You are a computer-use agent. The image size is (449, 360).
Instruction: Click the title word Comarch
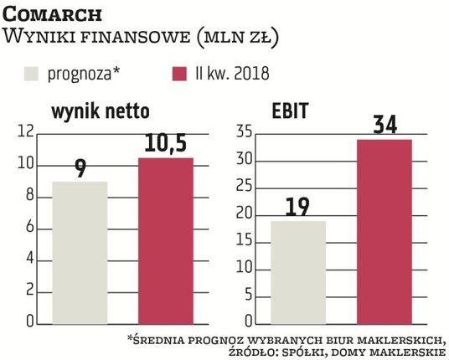coord(54,14)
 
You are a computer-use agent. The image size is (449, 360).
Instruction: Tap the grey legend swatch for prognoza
coord(36,73)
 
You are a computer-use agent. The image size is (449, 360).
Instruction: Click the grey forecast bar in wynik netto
coord(80,252)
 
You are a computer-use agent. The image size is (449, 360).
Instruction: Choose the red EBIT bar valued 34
coord(384,231)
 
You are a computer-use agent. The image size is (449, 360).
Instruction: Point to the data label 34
coord(384,126)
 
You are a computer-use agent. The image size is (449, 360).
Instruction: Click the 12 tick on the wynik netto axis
coord(24,132)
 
